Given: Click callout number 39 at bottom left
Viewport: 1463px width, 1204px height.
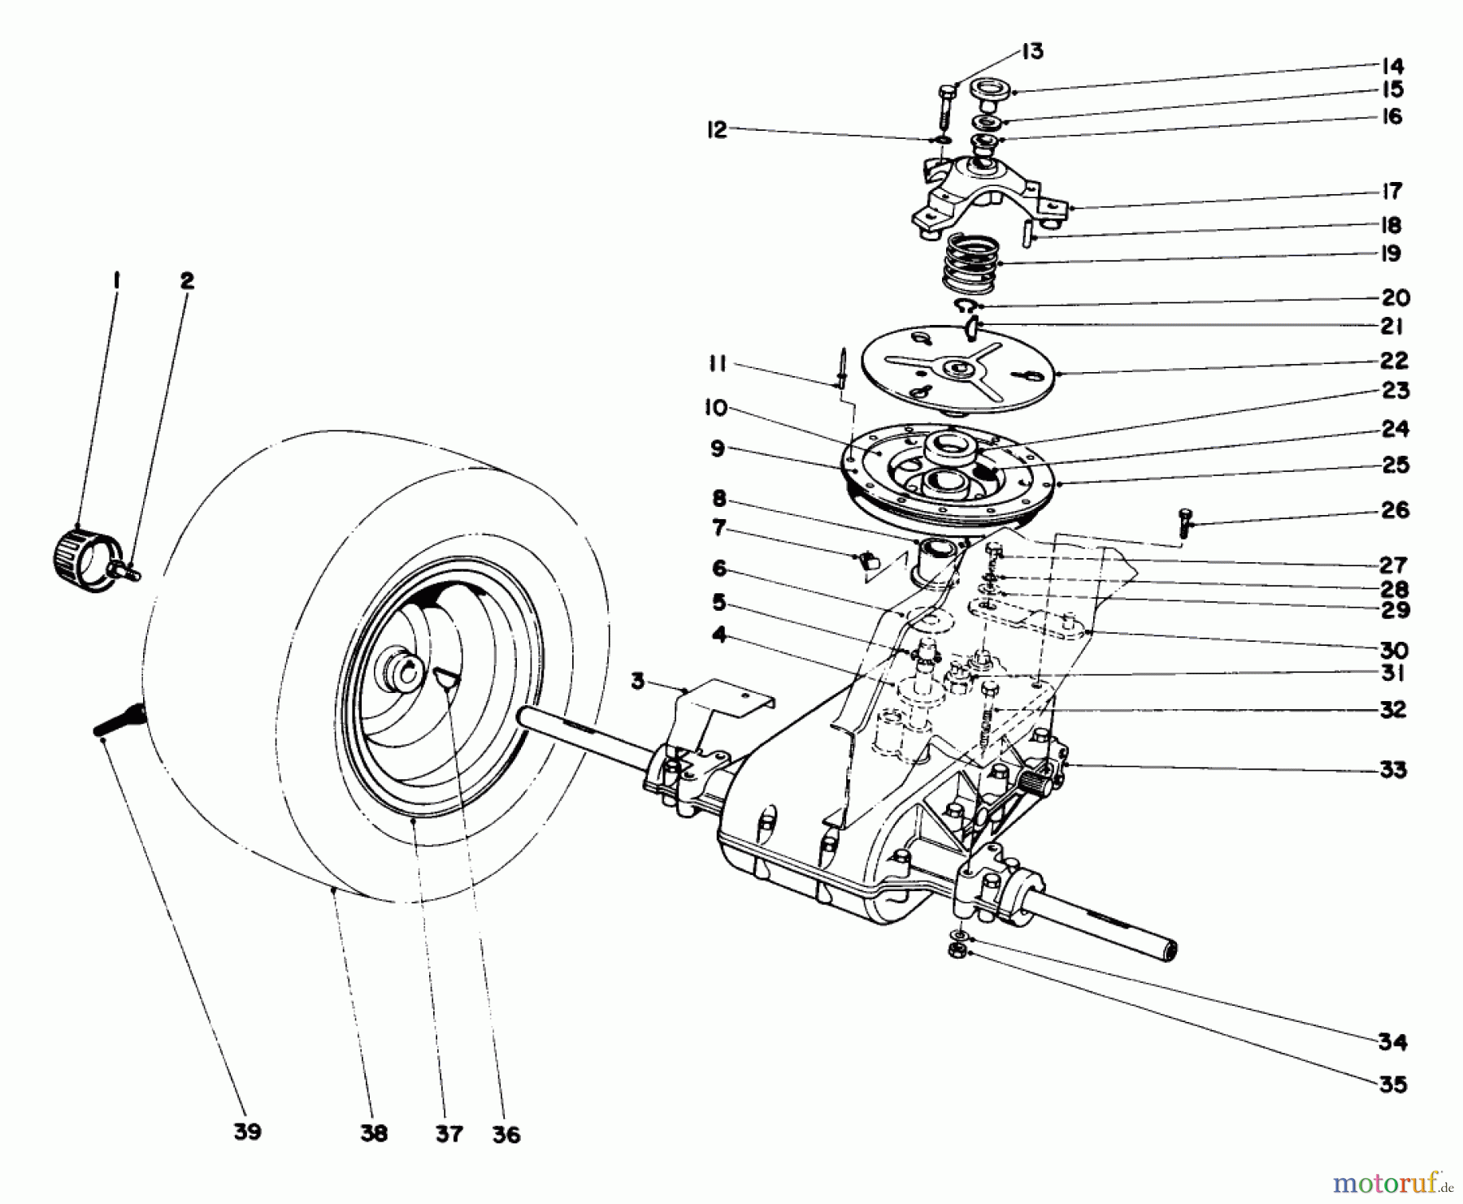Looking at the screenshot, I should point(247,1132).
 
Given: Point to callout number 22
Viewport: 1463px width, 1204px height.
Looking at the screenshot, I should point(1394,360).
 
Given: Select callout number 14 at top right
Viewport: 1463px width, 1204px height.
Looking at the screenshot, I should point(1393,66).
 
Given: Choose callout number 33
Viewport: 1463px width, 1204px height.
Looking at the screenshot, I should point(1393,769).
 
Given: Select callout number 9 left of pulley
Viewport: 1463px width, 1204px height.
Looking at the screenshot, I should point(717,449).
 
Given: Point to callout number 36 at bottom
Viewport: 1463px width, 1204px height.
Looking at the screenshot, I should point(506,1134).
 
